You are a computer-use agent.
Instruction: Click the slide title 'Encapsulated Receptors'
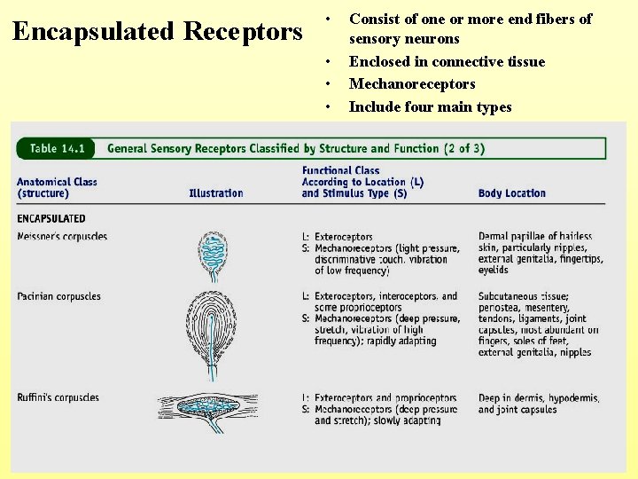click(x=158, y=32)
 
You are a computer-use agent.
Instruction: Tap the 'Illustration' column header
click(x=215, y=193)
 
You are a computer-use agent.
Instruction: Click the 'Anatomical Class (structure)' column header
click(x=57, y=187)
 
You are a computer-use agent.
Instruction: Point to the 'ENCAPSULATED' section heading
click(x=51, y=218)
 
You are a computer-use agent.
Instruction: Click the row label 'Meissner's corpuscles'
click(x=62, y=237)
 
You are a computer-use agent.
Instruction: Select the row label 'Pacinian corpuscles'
click(x=58, y=296)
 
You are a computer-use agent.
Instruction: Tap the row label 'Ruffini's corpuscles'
click(x=58, y=397)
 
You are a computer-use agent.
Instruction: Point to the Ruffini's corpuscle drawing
click(x=214, y=406)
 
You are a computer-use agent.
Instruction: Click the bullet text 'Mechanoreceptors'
click(x=412, y=84)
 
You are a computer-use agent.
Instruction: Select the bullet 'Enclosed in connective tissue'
click(x=447, y=61)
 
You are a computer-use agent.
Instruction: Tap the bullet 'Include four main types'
click(x=430, y=107)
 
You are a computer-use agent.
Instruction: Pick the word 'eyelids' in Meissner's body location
click(x=494, y=271)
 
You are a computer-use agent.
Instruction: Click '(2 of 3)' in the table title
click(x=464, y=148)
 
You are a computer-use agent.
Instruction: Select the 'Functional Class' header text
click(x=340, y=170)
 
